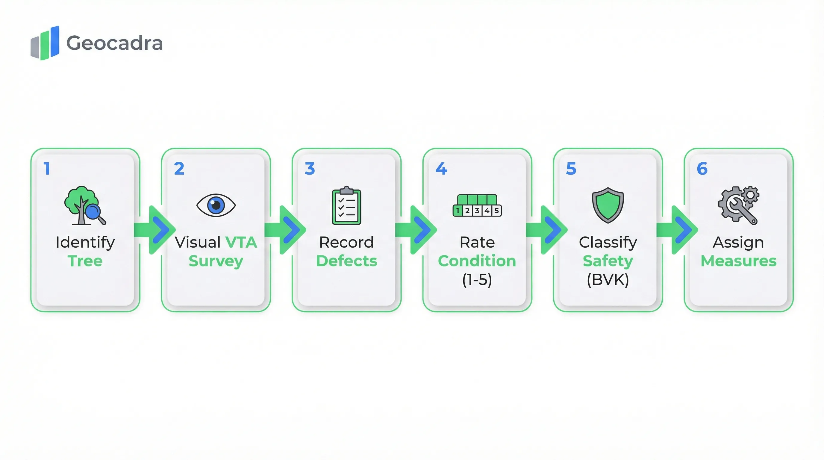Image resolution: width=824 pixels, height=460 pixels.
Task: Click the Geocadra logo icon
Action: click(45, 43)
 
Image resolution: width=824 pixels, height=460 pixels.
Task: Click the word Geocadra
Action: click(114, 43)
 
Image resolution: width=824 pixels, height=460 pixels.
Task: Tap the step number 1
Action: click(47, 169)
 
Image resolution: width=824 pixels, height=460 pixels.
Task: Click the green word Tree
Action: click(85, 261)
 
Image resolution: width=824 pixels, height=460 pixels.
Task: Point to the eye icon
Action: click(216, 205)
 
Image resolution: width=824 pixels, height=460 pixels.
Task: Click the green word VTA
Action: click(241, 242)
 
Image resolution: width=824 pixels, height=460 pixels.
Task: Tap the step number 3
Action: click(310, 169)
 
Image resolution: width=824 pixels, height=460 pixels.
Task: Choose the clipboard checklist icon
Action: click(346, 206)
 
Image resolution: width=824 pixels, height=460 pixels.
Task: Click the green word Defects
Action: click(346, 261)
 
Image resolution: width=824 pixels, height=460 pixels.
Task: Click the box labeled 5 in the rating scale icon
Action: click(496, 211)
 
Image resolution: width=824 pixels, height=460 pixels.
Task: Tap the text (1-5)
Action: click(477, 280)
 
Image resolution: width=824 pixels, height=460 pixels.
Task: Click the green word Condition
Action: click(477, 261)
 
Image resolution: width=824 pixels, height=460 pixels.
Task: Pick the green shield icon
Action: click(608, 205)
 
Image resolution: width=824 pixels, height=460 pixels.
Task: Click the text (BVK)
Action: click(608, 280)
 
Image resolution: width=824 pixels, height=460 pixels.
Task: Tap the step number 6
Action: click(702, 169)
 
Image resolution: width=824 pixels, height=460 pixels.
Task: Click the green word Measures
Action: click(738, 261)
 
